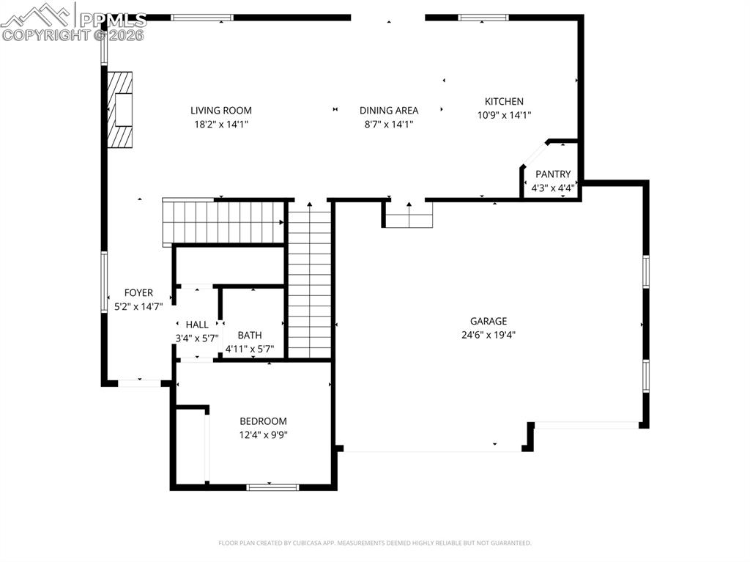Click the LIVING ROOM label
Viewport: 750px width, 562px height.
[x=220, y=111]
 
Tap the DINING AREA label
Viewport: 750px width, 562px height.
[x=388, y=111]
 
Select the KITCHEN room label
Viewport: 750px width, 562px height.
[x=504, y=102]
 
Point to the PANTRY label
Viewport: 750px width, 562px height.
[x=552, y=174]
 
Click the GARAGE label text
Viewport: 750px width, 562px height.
[x=488, y=321]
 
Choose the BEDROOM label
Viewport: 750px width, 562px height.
[x=263, y=421]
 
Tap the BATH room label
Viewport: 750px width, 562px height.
[x=249, y=336]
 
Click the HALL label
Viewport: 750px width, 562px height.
[x=196, y=325]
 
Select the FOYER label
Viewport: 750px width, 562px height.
[x=138, y=293]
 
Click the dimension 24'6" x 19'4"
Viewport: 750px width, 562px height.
[x=488, y=335]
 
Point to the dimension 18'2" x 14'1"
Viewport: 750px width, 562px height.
[x=220, y=125]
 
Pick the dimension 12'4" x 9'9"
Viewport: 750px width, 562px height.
[x=263, y=435]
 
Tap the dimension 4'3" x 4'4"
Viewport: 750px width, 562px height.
[x=552, y=188]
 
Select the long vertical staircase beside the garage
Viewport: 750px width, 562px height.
[x=310, y=282]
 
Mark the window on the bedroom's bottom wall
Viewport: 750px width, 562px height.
[x=272, y=487]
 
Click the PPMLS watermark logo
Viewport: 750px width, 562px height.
[x=73, y=22]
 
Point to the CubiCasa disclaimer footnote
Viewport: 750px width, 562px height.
[x=374, y=543]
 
